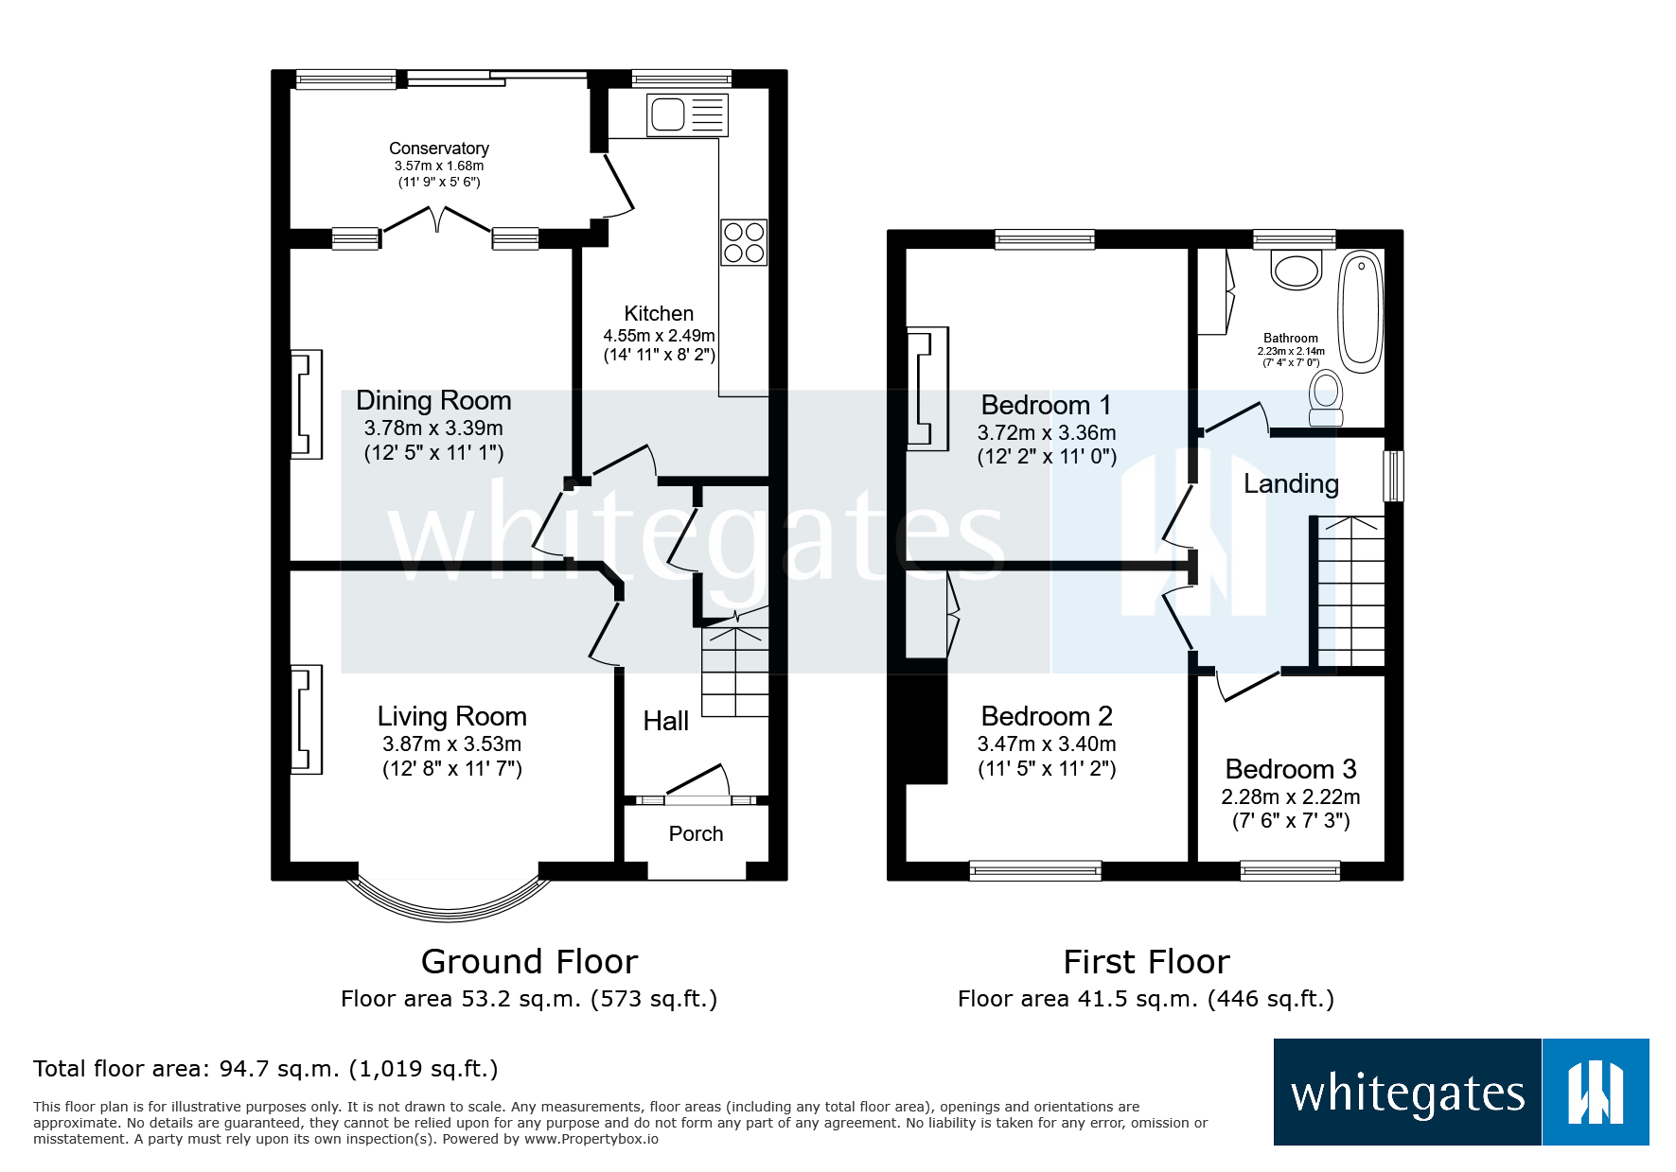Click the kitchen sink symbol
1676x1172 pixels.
[x=687, y=115]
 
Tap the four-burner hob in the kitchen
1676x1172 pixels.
[x=744, y=242]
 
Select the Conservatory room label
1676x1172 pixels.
[x=438, y=149]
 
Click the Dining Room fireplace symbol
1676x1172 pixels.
[x=306, y=405]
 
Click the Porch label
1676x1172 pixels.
[x=696, y=833]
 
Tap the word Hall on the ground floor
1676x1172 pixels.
[x=665, y=721]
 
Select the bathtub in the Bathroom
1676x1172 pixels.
[x=1361, y=310]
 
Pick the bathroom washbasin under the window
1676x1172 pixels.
[x=1296, y=270]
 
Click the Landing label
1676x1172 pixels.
[x=1291, y=483]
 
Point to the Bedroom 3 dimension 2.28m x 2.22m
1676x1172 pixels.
[x=1290, y=796]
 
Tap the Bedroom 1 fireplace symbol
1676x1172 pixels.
[x=926, y=389]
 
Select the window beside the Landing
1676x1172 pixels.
[x=1393, y=476]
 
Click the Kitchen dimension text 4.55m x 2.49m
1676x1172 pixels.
[x=659, y=336]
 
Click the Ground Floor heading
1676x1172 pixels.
[x=529, y=961]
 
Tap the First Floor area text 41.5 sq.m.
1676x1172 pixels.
[x=1145, y=999]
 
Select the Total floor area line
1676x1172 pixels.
[x=265, y=1069]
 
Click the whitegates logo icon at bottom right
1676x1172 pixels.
[x=1595, y=1093]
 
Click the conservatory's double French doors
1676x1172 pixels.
[x=436, y=219]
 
